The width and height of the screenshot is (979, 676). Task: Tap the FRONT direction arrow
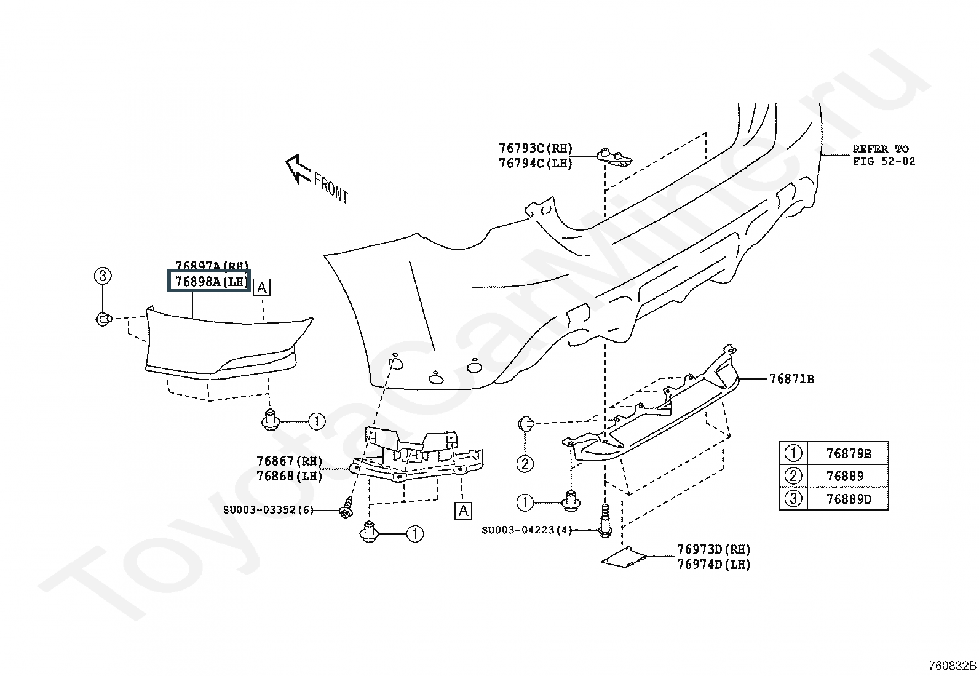click(298, 169)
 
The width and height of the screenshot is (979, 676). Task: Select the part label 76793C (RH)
click(536, 148)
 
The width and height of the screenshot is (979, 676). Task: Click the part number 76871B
click(791, 379)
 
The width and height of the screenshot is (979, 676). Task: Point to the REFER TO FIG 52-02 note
click(884, 155)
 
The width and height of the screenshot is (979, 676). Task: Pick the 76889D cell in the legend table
click(848, 499)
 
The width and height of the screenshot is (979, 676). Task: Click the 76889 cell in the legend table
click(848, 476)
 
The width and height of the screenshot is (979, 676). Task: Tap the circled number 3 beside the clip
click(102, 276)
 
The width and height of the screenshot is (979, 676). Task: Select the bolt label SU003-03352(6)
click(268, 510)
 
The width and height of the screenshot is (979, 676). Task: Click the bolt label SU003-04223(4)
click(526, 530)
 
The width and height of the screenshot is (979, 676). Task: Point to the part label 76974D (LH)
click(714, 565)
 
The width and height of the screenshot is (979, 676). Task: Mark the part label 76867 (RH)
click(289, 461)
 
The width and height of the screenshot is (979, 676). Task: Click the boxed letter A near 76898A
click(261, 287)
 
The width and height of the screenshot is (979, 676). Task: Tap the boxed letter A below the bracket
click(463, 511)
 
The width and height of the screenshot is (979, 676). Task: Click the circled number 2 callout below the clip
click(525, 464)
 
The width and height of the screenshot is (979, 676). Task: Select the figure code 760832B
click(953, 666)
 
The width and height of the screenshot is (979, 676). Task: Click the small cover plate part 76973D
click(624, 557)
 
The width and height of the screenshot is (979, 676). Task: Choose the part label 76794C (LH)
click(536, 163)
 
